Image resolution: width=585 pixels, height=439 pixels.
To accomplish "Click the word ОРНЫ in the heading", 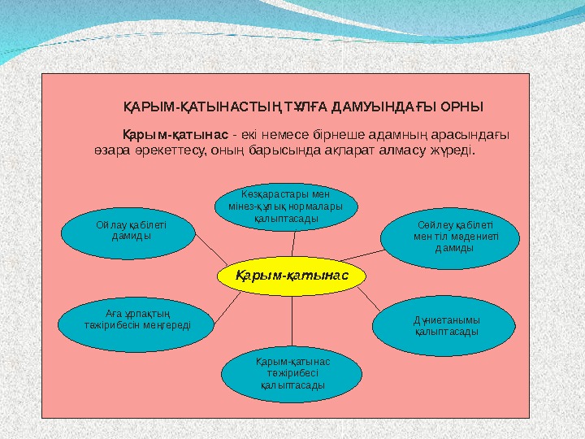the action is click(463, 106).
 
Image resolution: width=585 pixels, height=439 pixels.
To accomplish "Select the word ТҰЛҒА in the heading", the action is click(303, 106).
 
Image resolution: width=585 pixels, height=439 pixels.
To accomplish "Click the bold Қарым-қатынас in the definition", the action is click(175, 134).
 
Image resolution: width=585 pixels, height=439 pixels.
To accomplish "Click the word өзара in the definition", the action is click(115, 150).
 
